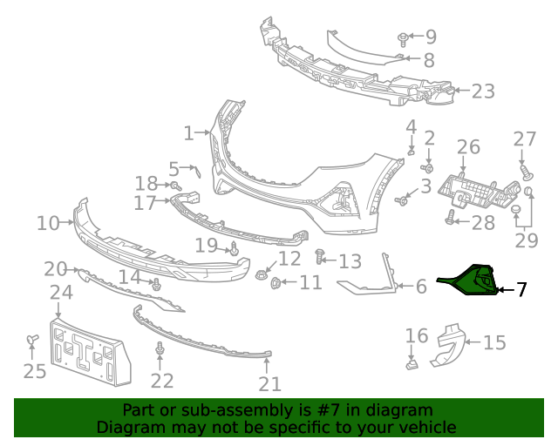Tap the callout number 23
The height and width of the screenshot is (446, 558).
coord(483,91)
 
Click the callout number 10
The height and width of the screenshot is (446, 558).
coord(48,224)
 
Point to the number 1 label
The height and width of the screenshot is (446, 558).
coord(188,133)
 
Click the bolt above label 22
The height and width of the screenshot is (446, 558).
coord(160,350)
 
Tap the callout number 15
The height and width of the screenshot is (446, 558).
coord(494,342)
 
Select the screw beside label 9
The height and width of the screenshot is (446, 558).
coord(403,38)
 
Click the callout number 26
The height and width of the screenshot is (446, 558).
coord(468,146)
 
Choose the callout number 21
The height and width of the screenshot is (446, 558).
coord(270,384)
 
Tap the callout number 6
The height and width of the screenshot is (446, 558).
coord(421,286)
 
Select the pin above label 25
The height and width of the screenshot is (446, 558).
coord(32,340)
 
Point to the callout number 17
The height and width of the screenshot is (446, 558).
coord(145,203)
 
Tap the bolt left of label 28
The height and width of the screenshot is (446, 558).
coord(450,221)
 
